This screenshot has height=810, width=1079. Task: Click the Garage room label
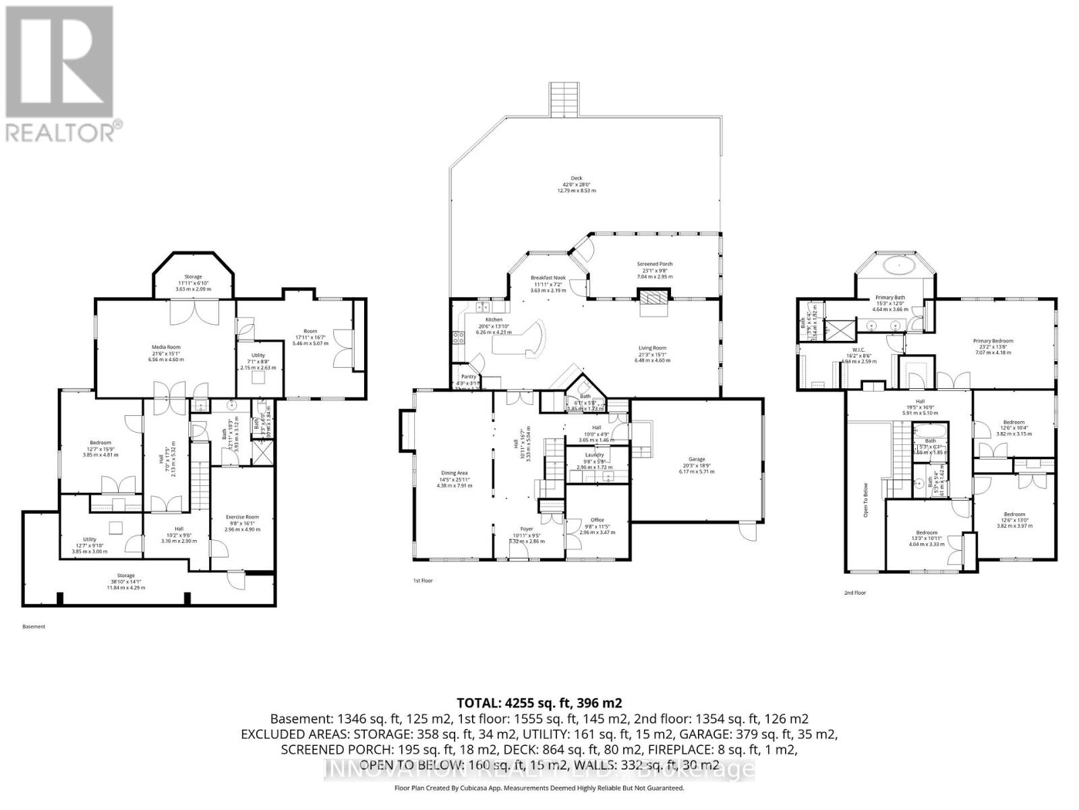pyautogui.click(x=696, y=459)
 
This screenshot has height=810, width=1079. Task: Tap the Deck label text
pyautogui.click(x=576, y=178)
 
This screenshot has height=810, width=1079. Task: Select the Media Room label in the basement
pyautogui.click(x=166, y=347)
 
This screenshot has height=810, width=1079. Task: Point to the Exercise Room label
pyautogui.click(x=242, y=517)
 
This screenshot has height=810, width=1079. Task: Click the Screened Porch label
pyautogui.click(x=655, y=264)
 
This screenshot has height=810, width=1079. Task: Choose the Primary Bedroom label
pyautogui.click(x=993, y=341)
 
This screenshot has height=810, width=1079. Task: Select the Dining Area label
pyautogui.click(x=453, y=473)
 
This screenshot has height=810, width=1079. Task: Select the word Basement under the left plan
pyautogui.click(x=34, y=626)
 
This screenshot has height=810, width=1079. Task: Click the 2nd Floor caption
pyautogui.click(x=854, y=593)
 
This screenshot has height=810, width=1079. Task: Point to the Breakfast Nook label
pyautogui.click(x=547, y=277)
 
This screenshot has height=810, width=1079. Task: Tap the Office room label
pyautogui.click(x=597, y=520)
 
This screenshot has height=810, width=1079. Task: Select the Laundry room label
pyautogui.click(x=594, y=455)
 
